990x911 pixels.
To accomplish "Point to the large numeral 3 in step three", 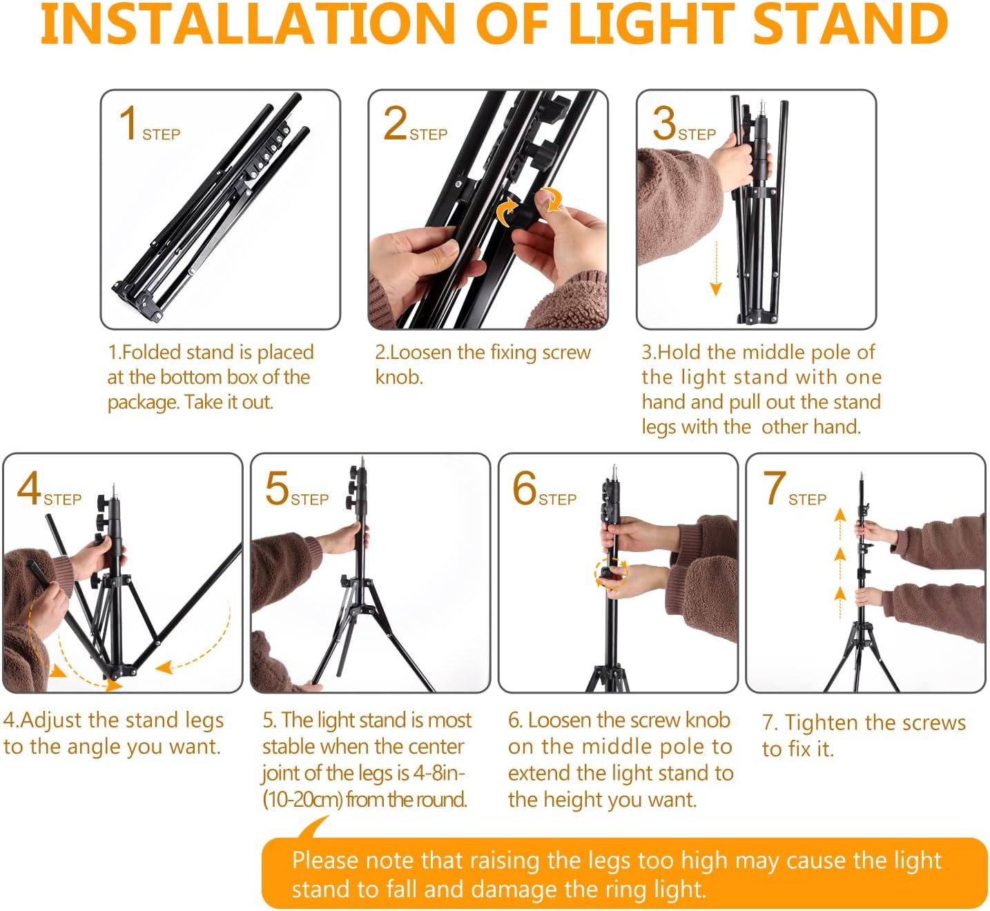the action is point(663,123).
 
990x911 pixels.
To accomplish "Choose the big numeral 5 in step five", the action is point(277,488).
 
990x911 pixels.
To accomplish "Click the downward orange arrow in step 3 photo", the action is point(716,269).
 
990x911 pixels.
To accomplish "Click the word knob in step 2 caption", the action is point(399,378).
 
